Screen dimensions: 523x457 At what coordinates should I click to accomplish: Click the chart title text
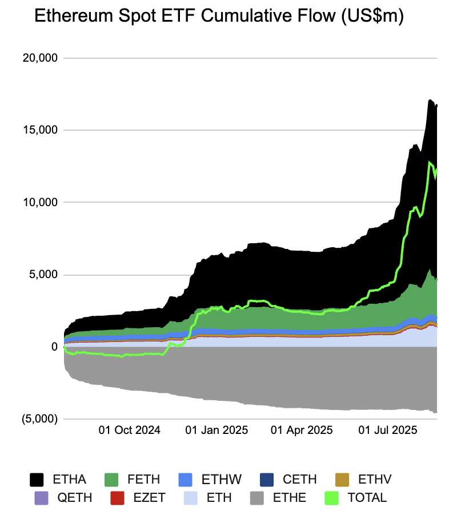point(219,17)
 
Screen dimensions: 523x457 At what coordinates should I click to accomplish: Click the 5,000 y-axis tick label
point(44,275)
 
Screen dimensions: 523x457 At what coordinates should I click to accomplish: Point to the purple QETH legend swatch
point(42,497)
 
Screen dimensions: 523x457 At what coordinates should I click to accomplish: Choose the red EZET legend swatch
point(117,497)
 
